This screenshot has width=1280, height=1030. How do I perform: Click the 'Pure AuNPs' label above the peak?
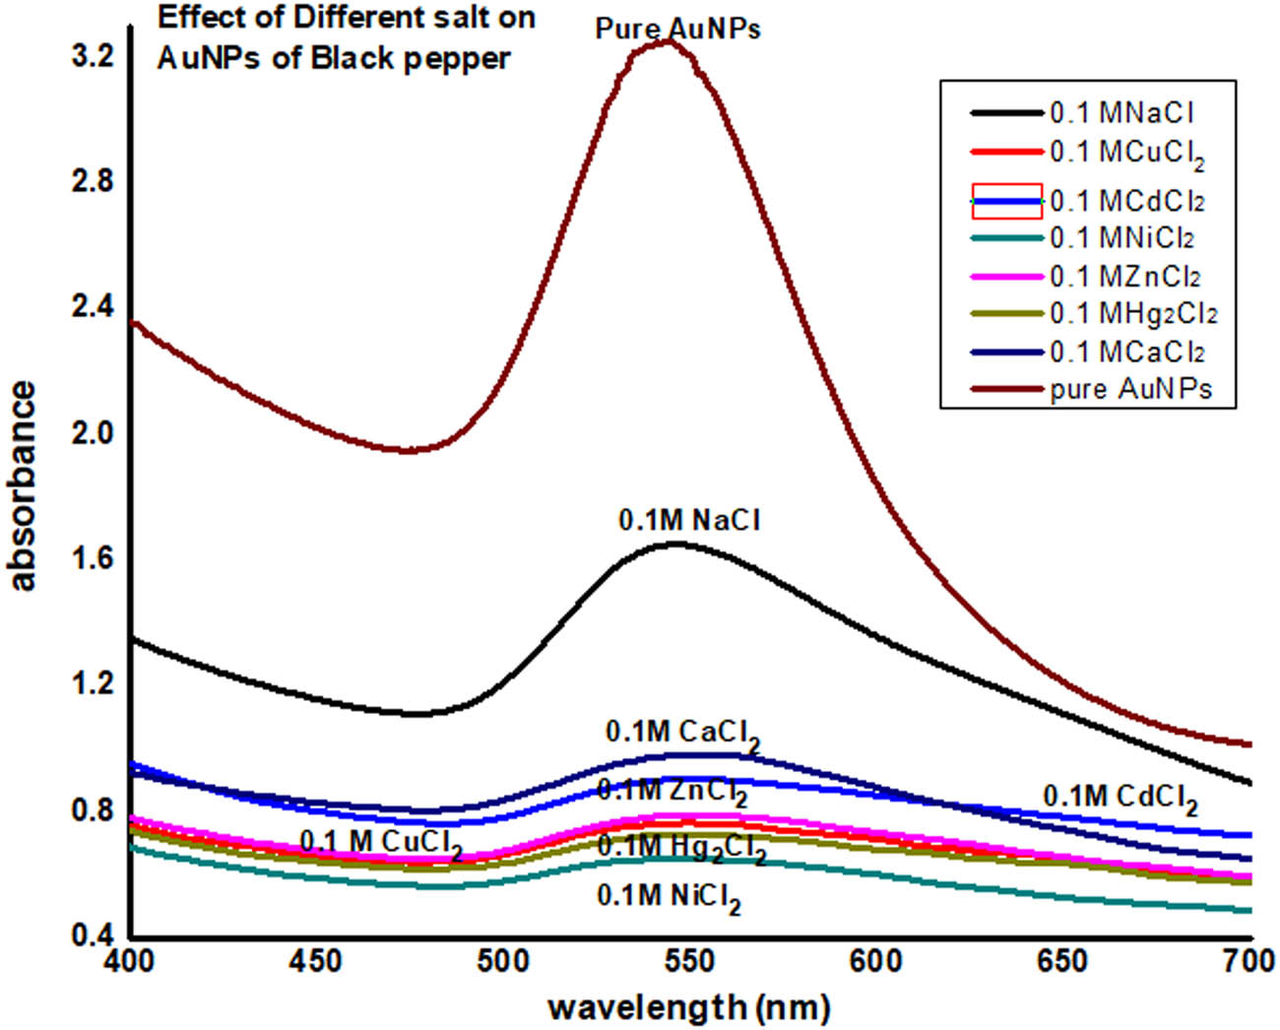(x=677, y=29)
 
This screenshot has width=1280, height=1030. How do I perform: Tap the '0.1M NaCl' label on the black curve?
(x=689, y=520)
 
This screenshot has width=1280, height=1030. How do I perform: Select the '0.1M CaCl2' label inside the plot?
(x=681, y=734)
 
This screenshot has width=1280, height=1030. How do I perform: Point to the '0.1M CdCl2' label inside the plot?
(x=1120, y=798)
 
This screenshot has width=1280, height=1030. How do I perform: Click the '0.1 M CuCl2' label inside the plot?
(x=380, y=843)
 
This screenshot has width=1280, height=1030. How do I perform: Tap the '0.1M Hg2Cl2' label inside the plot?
(x=681, y=847)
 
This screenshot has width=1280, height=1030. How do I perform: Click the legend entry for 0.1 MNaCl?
(x=1121, y=113)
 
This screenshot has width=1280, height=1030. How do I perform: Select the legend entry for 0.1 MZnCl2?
(x=1124, y=278)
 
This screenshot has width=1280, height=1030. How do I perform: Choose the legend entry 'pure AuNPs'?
(x=1130, y=390)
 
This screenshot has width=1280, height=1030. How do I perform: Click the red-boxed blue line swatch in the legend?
(x=1006, y=201)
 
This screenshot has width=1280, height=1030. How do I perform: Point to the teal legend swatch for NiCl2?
(x=1006, y=238)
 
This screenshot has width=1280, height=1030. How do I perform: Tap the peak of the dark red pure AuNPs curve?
(x=668, y=41)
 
